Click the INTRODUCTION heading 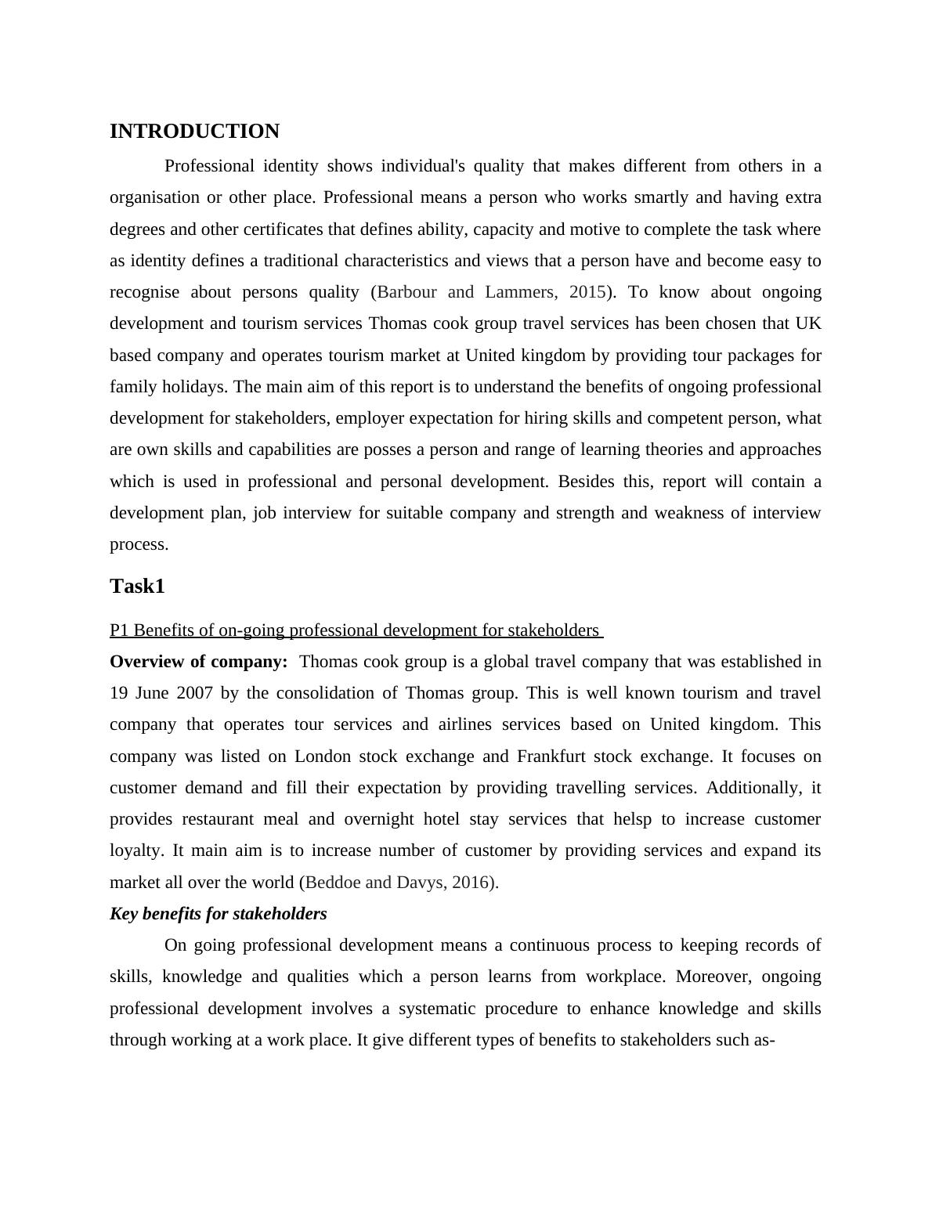[x=194, y=132]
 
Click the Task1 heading [x=137, y=587]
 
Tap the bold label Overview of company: [x=199, y=662]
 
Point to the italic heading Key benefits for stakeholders [x=219, y=914]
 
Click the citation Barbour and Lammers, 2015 [x=491, y=292]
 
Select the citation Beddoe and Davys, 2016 [x=399, y=883]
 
